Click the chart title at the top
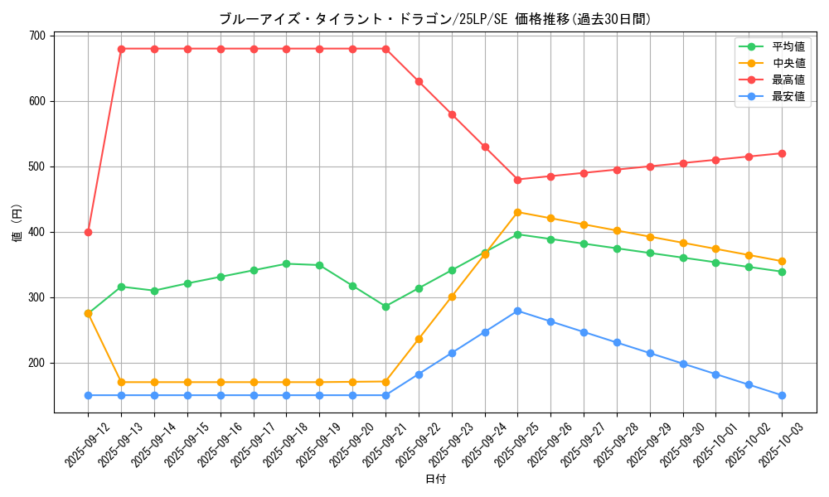coord(434,19)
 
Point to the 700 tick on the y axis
coord(37,36)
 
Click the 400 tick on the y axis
coord(37,232)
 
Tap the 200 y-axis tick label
coord(37,363)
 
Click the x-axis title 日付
coord(435,480)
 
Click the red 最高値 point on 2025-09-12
coord(88,232)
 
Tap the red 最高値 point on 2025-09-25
coord(517,180)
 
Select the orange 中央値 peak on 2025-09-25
coord(517,212)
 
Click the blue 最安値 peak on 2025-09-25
coord(517,311)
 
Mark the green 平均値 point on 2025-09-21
coord(385,306)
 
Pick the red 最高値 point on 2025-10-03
coord(782,153)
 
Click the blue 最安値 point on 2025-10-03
coord(782,395)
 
